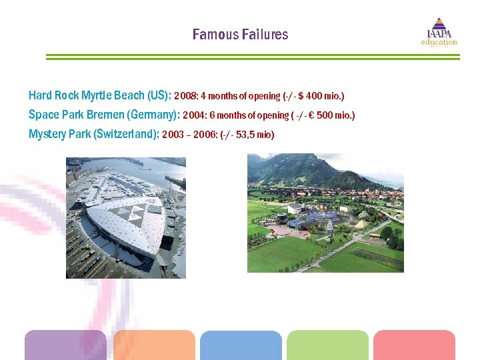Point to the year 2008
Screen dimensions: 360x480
pyautogui.click(x=185, y=96)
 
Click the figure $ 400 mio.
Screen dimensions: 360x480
pyautogui.click(x=322, y=96)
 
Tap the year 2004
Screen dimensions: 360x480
pyautogui.click(x=194, y=115)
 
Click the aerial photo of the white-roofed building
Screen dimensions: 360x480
pyautogui.click(x=125, y=217)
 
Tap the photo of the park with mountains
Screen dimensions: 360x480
pyautogui.click(x=325, y=213)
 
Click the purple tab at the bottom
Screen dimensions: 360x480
pyautogui.click(x=65, y=345)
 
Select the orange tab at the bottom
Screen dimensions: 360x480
pyautogui.click(x=153, y=345)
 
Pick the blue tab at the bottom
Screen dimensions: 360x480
pyautogui.click(x=241, y=345)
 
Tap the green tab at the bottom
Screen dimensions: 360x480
pyautogui.click(x=327, y=345)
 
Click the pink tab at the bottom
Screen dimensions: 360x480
pyautogui.click(x=414, y=345)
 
